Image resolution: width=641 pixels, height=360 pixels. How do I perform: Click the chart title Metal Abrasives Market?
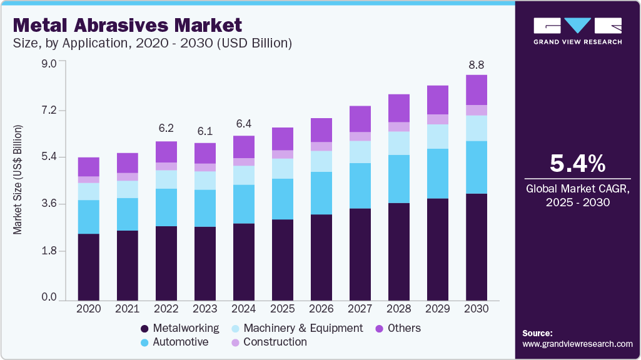[127, 26]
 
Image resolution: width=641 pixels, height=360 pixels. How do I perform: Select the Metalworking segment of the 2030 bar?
[477, 247]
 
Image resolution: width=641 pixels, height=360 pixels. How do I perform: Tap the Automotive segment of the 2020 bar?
[88, 217]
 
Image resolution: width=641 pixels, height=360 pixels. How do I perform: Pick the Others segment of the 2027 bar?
[360, 119]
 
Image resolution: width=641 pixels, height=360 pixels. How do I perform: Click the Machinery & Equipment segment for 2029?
[438, 136]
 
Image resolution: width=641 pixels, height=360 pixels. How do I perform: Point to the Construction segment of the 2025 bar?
[283, 154]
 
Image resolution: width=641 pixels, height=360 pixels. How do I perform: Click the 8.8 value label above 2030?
[477, 65]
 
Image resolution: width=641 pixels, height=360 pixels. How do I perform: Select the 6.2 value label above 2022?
[166, 128]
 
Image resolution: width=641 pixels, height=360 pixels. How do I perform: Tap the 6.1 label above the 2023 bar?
[204, 131]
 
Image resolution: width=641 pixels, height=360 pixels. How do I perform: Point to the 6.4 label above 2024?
[244, 123]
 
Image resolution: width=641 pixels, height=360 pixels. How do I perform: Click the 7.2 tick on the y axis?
[49, 110]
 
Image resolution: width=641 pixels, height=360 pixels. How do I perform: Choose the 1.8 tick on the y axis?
[49, 251]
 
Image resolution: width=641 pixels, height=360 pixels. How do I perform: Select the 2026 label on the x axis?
[321, 309]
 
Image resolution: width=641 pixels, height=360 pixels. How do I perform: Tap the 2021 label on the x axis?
[127, 309]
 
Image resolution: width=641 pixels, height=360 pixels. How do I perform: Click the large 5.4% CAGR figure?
[577, 164]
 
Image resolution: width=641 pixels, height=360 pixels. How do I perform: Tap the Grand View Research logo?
[577, 31]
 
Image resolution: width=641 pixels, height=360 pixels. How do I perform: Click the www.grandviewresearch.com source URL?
[577, 344]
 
